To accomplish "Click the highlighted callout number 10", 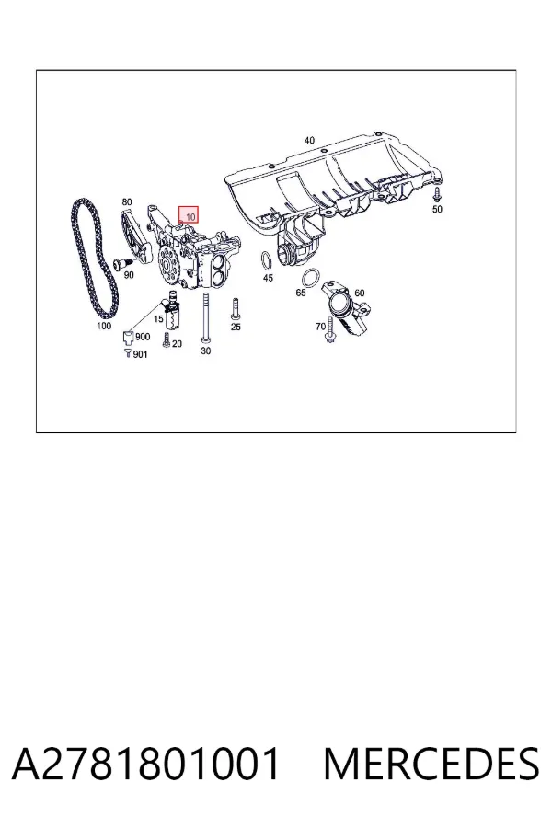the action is tap(190, 216).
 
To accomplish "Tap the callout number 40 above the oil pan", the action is tap(309, 141).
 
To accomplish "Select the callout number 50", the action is tap(437, 209).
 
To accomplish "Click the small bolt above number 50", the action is tap(437, 194).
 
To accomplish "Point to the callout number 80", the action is tap(127, 201).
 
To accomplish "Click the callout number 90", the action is tap(129, 274).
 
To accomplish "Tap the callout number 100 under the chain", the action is tap(104, 326).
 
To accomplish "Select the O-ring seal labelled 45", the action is tap(267, 261).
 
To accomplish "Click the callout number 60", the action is tap(359, 293).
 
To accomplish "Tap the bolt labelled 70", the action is tap(330, 330).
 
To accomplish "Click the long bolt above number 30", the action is tap(205, 316).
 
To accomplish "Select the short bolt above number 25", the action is tap(236, 309).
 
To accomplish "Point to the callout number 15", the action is tap(158, 319).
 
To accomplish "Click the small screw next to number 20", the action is tap(167, 341).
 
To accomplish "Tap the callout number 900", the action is tap(143, 337).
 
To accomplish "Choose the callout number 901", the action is tap(141, 354).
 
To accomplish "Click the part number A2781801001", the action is tap(145, 764).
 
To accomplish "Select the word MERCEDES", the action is tap(431, 764).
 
